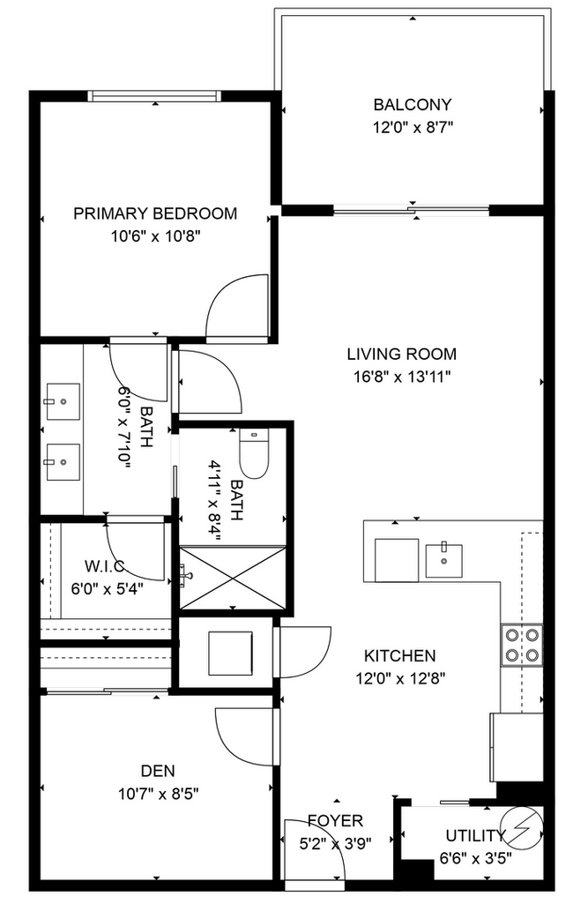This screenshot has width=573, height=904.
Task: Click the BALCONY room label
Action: point(413,104)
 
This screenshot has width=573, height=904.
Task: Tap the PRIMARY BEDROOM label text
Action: point(155,213)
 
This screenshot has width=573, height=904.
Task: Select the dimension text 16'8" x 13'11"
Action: point(401,377)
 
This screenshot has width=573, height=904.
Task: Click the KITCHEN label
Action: point(400,655)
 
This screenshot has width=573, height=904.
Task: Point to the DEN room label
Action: point(158,771)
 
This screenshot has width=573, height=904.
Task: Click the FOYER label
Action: point(335,820)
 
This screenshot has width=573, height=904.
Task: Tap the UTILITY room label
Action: point(475,835)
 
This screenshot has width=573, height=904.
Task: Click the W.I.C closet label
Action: point(104,566)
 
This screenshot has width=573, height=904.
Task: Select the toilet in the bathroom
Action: point(254,454)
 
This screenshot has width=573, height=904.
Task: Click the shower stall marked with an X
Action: point(233,577)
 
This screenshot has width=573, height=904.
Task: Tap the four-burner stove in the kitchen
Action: point(522,645)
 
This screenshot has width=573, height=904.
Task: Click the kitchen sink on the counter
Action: point(444,561)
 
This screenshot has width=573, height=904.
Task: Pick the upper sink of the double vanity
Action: point(63,401)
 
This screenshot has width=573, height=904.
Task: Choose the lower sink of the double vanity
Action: point(63,462)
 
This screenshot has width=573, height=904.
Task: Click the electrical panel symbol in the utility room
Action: point(521,827)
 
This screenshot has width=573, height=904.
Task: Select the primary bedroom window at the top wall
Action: point(154,96)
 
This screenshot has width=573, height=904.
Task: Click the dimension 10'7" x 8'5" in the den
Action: point(159,794)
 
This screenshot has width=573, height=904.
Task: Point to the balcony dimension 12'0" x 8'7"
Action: point(413,127)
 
